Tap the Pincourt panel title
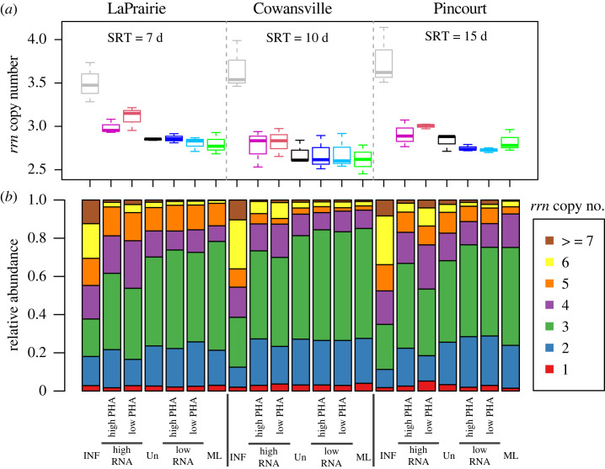446,9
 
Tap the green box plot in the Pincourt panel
509,141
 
